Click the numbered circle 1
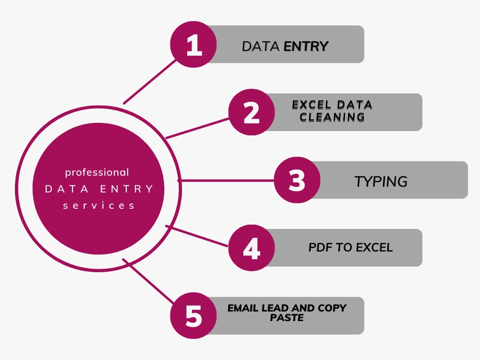pyautogui.click(x=193, y=44)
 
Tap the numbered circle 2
pyautogui.click(x=252, y=112)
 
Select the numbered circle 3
pyautogui.click(x=297, y=180)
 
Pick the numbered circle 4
pyautogui.click(x=252, y=248)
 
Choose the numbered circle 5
pyautogui.click(x=193, y=316)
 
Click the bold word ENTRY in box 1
pyautogui.click(x=306, y=47)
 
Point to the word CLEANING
pyautogui.click(x=332, y=117)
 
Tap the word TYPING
pyautogui.click(x=381, y=181)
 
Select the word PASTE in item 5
pyautogui.click(x=287, y=318)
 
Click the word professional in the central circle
pyautogui.click(x=97, y=173)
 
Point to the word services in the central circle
pyautogui.click(x=98, y=206)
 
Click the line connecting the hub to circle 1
pyautogui.click(x=150, y=82)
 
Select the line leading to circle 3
pyautogui.click(x=226, y=180)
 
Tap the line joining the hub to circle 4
pyautogui.click(x=197, y=236)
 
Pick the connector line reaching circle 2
pyautogui.click(x=197, y=128)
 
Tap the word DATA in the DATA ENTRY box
pyautogui.click(x=261, y=47)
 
